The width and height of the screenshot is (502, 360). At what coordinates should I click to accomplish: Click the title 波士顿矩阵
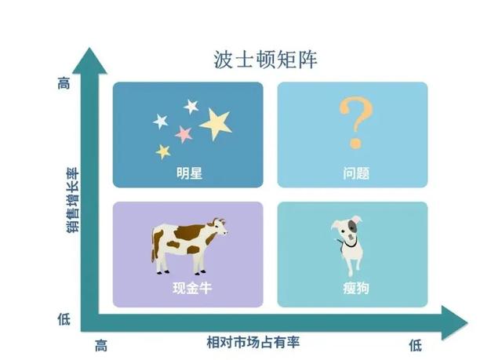[266, 60]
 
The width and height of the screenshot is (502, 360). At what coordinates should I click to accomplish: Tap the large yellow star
[216, 123]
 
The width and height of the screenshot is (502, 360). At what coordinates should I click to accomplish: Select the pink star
[184, 133]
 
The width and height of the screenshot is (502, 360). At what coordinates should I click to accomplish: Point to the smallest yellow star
[163, 151]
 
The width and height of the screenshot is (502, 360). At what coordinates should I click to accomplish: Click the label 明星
[189, 173]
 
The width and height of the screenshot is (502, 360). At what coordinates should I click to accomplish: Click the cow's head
[217, 229]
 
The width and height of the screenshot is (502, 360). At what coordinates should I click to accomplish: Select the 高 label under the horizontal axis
[100, 344]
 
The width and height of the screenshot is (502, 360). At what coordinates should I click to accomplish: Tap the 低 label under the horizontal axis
[415, 344]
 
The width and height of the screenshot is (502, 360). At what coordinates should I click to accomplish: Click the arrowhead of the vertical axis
[93, 61]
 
